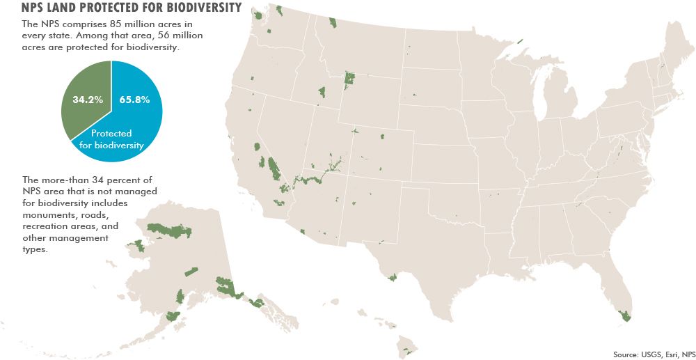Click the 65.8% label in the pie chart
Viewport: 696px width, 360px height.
(x=134, y=100)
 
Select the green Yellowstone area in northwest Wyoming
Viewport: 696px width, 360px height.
(x=349, y=80)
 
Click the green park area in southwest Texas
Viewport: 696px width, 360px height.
(x=393, y=276)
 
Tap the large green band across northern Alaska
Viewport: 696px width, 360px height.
(x=167, y=229)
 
